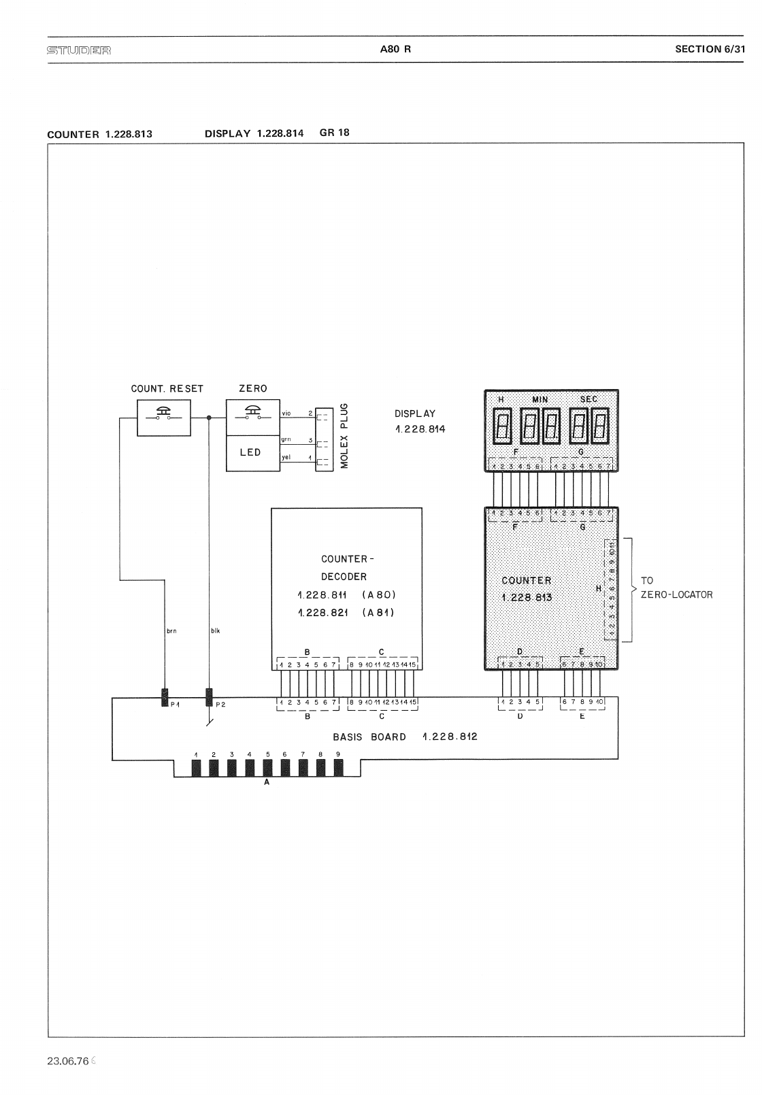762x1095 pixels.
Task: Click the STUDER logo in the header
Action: (79, 50)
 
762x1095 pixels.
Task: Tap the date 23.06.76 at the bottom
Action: (68, 1062)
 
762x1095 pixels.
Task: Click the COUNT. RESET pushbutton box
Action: (164, 417)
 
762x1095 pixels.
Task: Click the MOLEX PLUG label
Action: (344, 435)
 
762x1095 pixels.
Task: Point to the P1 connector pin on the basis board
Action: (165, 697)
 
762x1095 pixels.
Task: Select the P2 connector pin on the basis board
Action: (209, 697)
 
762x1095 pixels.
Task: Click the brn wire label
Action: (171, 631)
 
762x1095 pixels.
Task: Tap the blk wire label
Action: (215, 631)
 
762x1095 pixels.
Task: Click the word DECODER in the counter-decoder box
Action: (344, 577)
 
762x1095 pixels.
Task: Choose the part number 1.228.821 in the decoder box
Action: (323, 613)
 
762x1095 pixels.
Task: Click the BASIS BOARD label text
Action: (369, 737)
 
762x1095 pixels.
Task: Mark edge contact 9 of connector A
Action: (338, 769)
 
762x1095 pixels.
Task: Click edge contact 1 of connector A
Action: (196, 769)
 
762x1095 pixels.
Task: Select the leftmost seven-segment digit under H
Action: (503, 426)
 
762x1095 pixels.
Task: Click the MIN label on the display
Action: (540, 399)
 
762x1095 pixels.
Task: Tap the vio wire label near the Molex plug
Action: (286, 413)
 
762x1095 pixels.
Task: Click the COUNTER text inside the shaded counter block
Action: (527, 580)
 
